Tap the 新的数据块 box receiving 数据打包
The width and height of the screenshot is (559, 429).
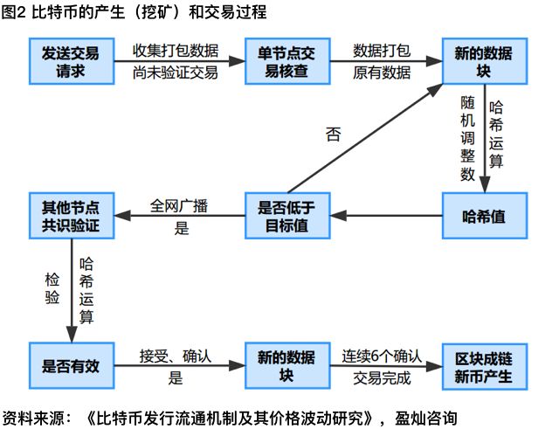484,60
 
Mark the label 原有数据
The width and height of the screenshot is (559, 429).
382,73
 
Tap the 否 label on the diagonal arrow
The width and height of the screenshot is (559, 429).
334,135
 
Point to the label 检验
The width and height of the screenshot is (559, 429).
52,288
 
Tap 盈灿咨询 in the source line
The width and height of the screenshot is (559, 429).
424,418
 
